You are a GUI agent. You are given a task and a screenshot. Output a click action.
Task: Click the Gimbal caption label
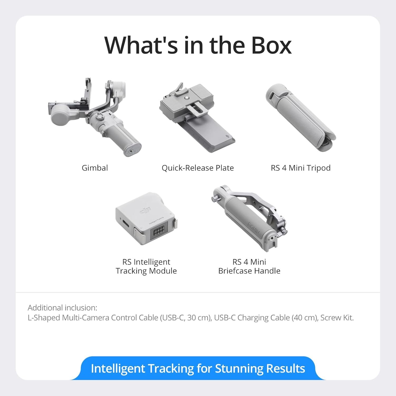pos(95,168)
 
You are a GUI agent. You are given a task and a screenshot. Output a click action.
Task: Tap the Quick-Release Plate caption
pos(198,168)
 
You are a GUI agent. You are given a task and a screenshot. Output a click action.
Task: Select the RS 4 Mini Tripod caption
pos(300,168)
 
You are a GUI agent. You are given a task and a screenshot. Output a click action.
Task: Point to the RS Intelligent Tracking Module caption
pos(146,266)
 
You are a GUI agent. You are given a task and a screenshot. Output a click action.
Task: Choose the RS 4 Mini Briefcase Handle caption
pos(249,266)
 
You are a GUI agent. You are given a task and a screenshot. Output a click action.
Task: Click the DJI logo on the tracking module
pos(145,211)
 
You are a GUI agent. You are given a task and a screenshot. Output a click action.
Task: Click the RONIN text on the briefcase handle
pos(254,228)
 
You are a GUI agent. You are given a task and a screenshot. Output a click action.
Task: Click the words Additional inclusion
pos(62,308)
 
